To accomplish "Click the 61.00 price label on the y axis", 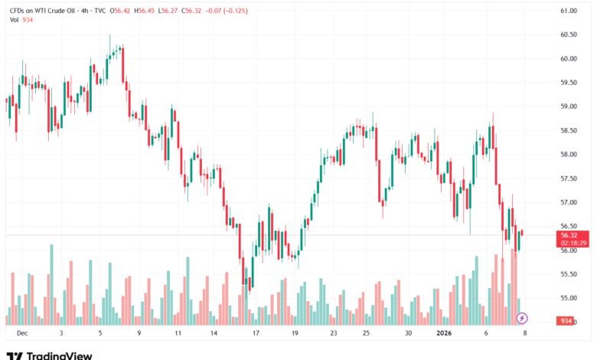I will click(567, 11).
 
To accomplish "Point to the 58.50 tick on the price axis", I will click(567, 130).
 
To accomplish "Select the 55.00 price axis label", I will click(567, 298).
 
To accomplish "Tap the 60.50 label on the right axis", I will click(567, 34).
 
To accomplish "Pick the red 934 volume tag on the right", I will click(567, 321).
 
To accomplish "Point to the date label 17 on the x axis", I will click(256, 333).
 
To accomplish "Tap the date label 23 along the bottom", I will click(334, 333).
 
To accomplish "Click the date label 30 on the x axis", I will click(409, 333).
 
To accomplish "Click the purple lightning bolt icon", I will click(522, 317).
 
